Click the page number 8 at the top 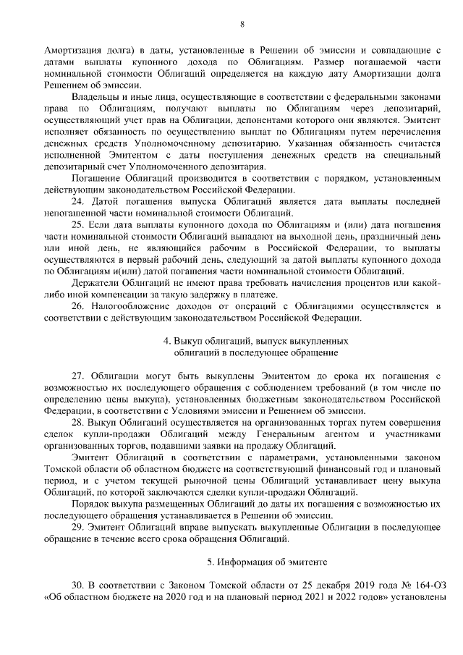(242, 24)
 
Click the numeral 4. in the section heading (166, 340)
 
